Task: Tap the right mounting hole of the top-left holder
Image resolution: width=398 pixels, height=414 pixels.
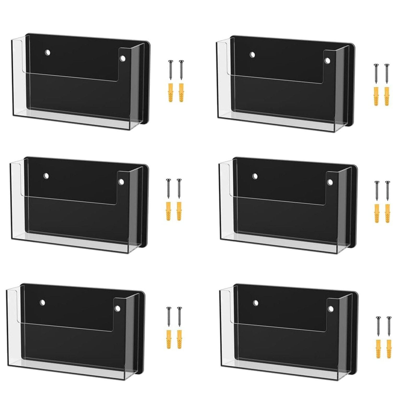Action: point(123,58)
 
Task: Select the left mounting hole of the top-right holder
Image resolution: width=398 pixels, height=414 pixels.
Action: point(252,55)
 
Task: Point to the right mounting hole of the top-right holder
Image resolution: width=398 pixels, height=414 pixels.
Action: point(327,61)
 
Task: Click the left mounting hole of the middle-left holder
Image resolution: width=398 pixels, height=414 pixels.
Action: point(46,176)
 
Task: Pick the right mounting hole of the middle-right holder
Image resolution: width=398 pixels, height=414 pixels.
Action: point(330,182)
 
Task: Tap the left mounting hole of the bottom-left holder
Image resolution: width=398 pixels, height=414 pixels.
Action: point(42,303)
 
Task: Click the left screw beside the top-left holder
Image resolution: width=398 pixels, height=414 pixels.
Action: point(170,70)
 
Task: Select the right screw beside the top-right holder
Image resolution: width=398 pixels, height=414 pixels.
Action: point(387,73)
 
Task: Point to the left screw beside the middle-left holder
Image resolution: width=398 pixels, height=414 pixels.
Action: point(168,188)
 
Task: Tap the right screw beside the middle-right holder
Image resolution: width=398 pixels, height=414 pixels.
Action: point(387,191)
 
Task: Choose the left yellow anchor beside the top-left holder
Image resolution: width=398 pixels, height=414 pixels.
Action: point(170,92)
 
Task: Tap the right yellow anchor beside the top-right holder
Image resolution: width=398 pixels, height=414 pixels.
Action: point(387,96)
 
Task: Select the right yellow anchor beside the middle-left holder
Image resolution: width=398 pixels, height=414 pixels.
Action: point(179,211)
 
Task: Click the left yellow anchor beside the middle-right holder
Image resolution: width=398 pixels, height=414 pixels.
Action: point(377,213)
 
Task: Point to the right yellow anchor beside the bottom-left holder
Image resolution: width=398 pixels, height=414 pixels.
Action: point(179,339)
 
